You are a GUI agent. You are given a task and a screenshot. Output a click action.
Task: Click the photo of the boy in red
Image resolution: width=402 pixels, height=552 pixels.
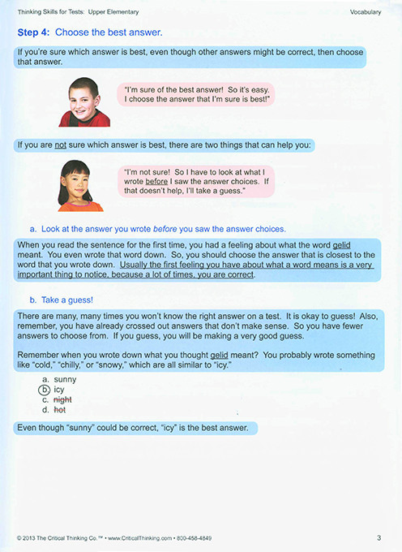83,102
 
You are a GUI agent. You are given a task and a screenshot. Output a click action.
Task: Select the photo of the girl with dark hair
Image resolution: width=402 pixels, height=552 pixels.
80,185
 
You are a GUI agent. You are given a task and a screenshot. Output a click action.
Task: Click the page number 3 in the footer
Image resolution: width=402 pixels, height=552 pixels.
378,537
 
